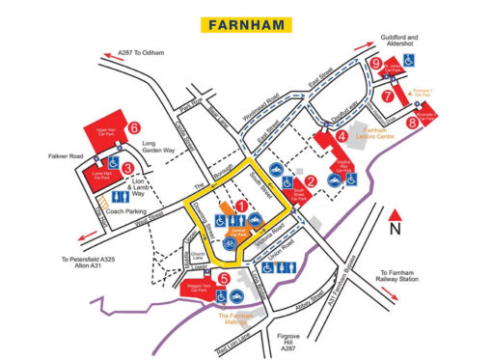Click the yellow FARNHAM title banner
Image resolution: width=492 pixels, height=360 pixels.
point(246,22)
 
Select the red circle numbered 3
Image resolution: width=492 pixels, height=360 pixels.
point(127,167)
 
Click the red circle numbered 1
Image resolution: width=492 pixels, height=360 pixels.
point(241,205)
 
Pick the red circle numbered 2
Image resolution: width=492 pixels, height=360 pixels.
point(310,180)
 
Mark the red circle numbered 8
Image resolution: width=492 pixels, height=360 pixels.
point(411,123)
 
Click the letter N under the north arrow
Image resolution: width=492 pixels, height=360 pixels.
point(395,231)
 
